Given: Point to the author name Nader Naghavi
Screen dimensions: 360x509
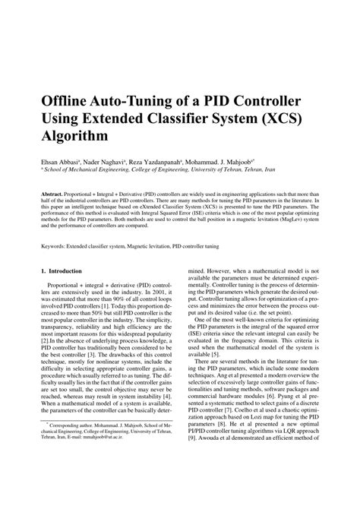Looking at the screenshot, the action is (x=114, y=162).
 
